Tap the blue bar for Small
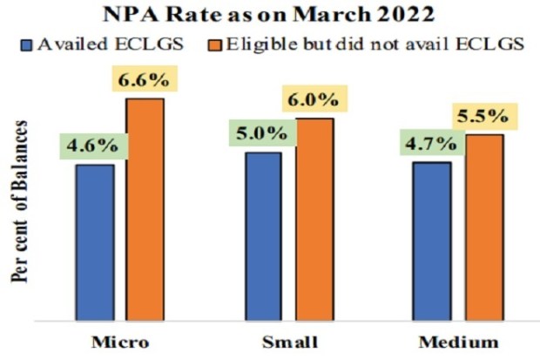point(265,234)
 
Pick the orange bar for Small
point(314,217)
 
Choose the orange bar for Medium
point(482,225)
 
